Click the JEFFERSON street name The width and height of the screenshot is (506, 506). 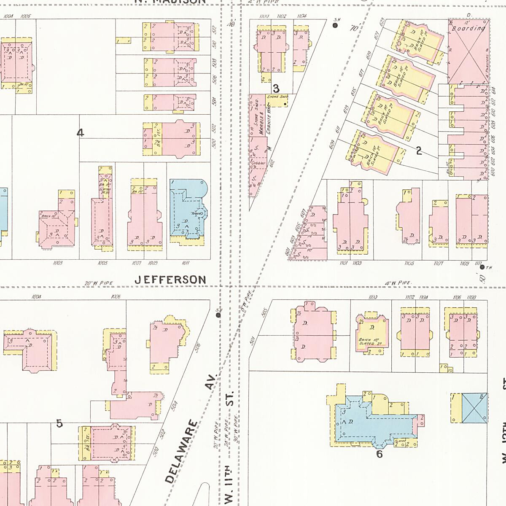(x=170, y=280)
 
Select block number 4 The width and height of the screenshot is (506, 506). (x=80, y=133)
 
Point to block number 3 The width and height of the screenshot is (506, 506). (x=276, y=89)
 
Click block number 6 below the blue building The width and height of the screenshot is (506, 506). (x=379, y=454)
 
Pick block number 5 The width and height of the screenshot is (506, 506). (x=59, y=423)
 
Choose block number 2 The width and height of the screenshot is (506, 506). (x=419, y=151)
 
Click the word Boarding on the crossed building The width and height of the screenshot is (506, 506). (x=468, y=29)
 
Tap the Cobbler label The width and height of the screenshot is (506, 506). (x=258, y=163)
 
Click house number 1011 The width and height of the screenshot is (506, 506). (x=185, y=263)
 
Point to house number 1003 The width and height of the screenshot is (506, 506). (x=58, y=263)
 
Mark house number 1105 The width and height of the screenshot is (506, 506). (x=409, y=263)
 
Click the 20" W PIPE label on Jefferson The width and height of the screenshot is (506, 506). (x=94, y=283)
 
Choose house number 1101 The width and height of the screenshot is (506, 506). (x=343, y=263)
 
